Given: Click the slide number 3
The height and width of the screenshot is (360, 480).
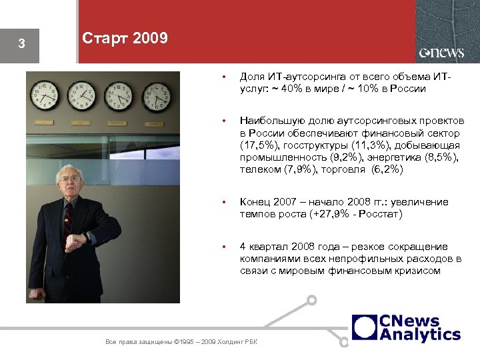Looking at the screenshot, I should pos(21,45).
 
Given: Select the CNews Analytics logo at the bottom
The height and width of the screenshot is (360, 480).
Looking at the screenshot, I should pos(407,328).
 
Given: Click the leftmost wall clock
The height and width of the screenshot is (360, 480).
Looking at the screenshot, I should pos(46,95).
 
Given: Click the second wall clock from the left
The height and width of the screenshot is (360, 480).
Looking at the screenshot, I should pos(82,95).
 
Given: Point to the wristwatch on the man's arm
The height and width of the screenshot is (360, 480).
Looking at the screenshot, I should pos(86,238).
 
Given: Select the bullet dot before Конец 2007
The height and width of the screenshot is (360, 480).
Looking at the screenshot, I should pos(226,202).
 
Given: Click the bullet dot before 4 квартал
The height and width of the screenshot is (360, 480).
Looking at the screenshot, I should pos(226,247).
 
